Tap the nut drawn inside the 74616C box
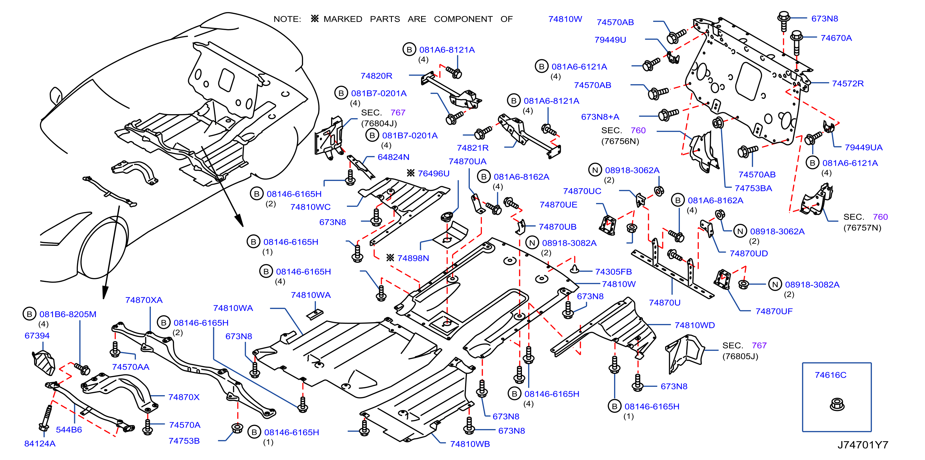coord(837,405)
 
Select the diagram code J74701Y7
coord(863,445)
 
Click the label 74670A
coord(836,38)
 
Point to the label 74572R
coord(848,83)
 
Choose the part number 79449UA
coord(864,147)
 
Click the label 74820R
coord(376,76)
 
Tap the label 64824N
coord(393,157)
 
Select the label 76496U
coord(433,173)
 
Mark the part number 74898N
coord(413,258)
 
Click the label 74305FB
coord(613,272)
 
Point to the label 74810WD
coord(694,325)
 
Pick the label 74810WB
coord(470,444)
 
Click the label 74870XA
coord(144,300)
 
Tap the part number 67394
coord(37,335)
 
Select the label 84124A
coord(39,444)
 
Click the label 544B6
coord(69,430)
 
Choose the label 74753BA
coord(753,188)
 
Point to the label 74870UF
coord(774,311)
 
